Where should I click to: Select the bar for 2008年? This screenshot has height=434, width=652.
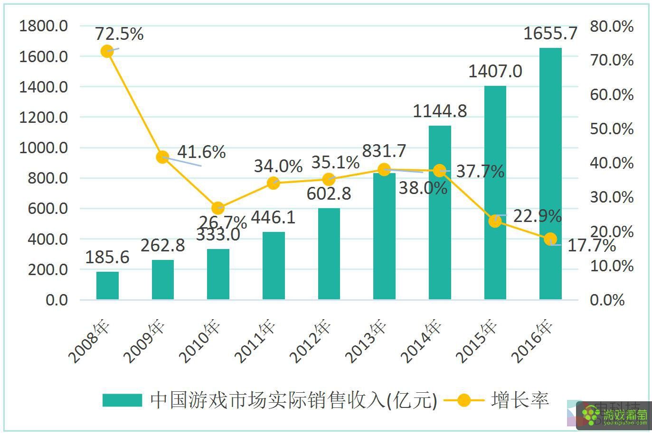pos(107,286)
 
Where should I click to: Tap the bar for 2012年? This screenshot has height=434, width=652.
pos(329,254)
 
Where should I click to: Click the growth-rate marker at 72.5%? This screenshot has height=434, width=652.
pos(107,51)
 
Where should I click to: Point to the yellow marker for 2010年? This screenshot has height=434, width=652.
pos(218,208)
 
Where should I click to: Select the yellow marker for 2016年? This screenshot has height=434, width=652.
pos(550,239)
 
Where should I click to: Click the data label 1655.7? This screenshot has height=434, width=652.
pos(550,34)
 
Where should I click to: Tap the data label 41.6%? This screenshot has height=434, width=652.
pos(201,152)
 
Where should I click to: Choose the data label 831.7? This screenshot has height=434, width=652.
pos(384,151)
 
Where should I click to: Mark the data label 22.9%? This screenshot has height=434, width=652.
pos(537,216)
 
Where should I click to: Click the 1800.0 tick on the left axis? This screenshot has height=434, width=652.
pos(43,26)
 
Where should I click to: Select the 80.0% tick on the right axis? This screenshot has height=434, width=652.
pos(612,27)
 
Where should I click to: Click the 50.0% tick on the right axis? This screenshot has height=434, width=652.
pos(612,129)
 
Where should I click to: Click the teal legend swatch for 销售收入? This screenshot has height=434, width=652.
pos(122,400)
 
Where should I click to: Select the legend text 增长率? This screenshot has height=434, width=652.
pos(520,400)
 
